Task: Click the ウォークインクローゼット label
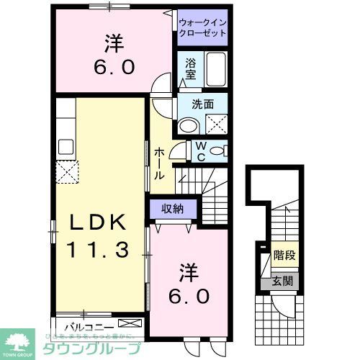pos(202,27)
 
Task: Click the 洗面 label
pos(202,104)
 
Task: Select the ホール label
pos(159,163)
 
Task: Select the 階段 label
pos(284,255)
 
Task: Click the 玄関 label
pos(283,280)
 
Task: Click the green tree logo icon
pos(20,341)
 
